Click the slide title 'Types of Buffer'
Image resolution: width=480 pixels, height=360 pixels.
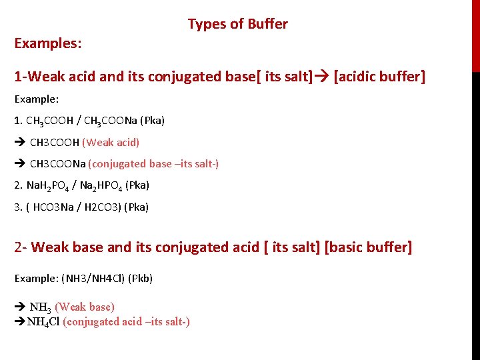coord(237,24)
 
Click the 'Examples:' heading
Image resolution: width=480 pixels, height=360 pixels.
coord(48,43)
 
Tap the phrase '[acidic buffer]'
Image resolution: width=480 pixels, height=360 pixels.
coord(379,77)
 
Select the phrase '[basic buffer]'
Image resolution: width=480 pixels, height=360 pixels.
coord(368,247)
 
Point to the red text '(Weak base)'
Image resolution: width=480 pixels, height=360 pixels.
coord(85,307)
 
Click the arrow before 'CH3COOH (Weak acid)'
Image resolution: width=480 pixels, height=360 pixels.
coord(20,142)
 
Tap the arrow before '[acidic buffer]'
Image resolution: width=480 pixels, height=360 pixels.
coord(322,77)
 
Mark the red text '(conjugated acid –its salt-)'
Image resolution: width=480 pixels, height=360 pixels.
coord(126,322)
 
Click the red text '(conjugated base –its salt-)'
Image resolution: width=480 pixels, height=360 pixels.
coord(153,164)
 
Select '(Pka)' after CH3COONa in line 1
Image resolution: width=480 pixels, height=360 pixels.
coord(153,121)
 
